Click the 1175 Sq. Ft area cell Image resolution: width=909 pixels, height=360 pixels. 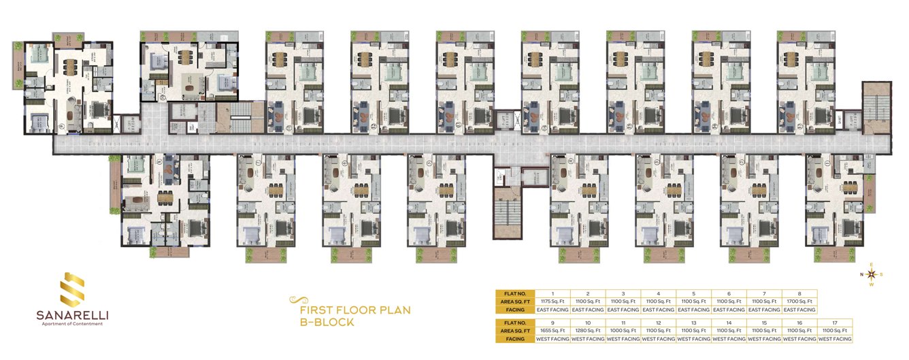pyautogui.click(x=552, y=301)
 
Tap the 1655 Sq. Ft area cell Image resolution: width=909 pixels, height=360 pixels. pyautogui.click(x=552, y=329)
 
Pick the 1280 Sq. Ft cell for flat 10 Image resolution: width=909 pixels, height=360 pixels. pyautogui.click(x=587, y=329)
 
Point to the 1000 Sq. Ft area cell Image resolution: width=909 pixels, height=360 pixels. pyautogui.click(x=623, y=329)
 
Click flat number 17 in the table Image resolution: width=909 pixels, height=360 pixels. pyautogui.click(x=834, y=321)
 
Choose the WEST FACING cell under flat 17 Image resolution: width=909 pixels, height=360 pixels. pyautogui.click(x=834, y=338)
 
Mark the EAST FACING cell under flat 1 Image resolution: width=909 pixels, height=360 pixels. pyautogui.click(x=552, y=310)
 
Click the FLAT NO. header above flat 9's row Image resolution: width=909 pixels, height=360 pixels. pyautogui.click(x=515, y=321)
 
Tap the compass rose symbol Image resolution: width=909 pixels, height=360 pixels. pyautogui.click(x=872, y=274)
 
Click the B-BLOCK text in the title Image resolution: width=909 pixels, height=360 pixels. pyautogui.click(x=327, y=322)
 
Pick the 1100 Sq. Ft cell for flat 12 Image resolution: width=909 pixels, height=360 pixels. pyautogui.click(x=658, y=329)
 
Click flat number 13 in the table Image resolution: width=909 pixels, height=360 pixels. pyautogui.click(x=693, y=321)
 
